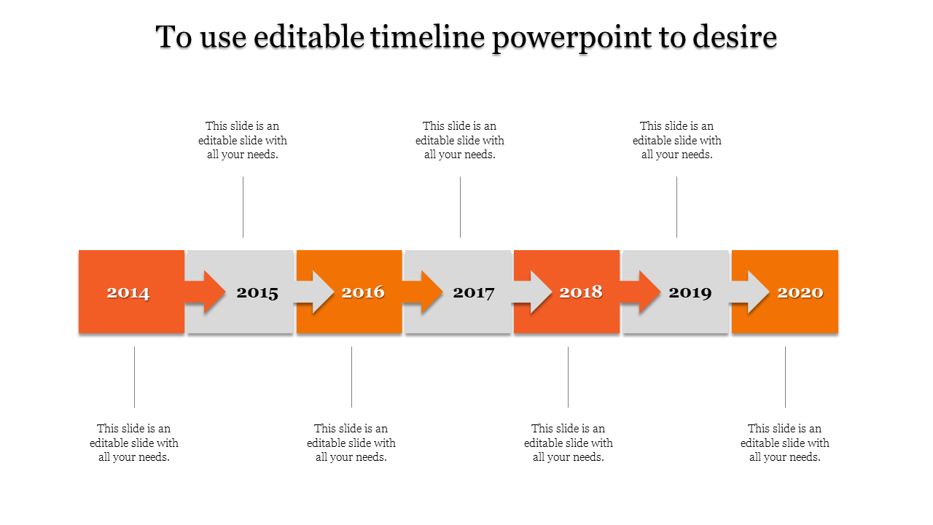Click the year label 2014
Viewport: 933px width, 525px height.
coord(128,293)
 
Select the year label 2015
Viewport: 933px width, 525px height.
coord(257,293)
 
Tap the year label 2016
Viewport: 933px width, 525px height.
coord(363,292)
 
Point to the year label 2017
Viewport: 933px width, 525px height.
coord(474,293)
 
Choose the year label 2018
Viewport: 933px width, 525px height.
coord(581,292)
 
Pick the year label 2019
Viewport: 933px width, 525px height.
coord(690,293)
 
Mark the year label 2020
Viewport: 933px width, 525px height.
coord(800,292)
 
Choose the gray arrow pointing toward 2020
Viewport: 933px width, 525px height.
coord(750,292)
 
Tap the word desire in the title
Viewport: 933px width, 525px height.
coord(735,37)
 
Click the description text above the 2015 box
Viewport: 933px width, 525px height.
coord(243,140)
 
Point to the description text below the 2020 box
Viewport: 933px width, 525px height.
coord(785,443)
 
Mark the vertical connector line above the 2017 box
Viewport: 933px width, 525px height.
coord(460,207)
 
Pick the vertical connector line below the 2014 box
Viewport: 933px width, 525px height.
coord(135,376)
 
